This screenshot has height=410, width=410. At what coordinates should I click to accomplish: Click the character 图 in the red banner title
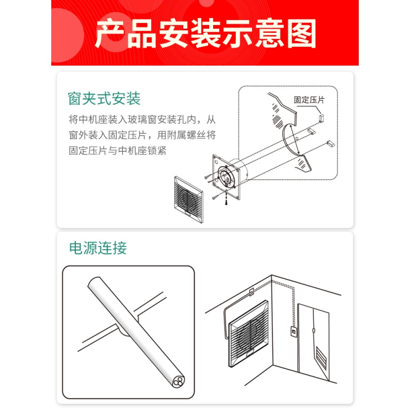coord(301,33)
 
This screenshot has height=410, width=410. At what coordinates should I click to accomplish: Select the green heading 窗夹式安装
coord(104,98)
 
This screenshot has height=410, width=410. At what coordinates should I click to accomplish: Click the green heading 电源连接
coord(98,248)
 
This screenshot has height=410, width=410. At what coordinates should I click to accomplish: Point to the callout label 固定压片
coord(309,99)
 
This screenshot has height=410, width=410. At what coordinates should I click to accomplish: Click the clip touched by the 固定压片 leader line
coord(321,117)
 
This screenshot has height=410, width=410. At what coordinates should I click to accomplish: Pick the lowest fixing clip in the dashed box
coord(331,143)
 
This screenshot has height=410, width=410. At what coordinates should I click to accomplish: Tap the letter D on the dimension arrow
coord(297,138)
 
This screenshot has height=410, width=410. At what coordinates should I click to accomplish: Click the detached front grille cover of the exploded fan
coord(188,199)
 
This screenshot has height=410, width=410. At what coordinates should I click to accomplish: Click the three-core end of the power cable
coord(178,381)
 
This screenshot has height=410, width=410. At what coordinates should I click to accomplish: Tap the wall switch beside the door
coord(294,331)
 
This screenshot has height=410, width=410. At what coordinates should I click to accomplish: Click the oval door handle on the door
coord(314,331)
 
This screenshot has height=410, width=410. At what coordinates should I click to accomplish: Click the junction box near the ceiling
coord(251,292)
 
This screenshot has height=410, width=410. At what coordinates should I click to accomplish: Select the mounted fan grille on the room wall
coord(249,334)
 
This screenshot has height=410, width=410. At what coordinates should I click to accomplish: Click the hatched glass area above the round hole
coord(277,117)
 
